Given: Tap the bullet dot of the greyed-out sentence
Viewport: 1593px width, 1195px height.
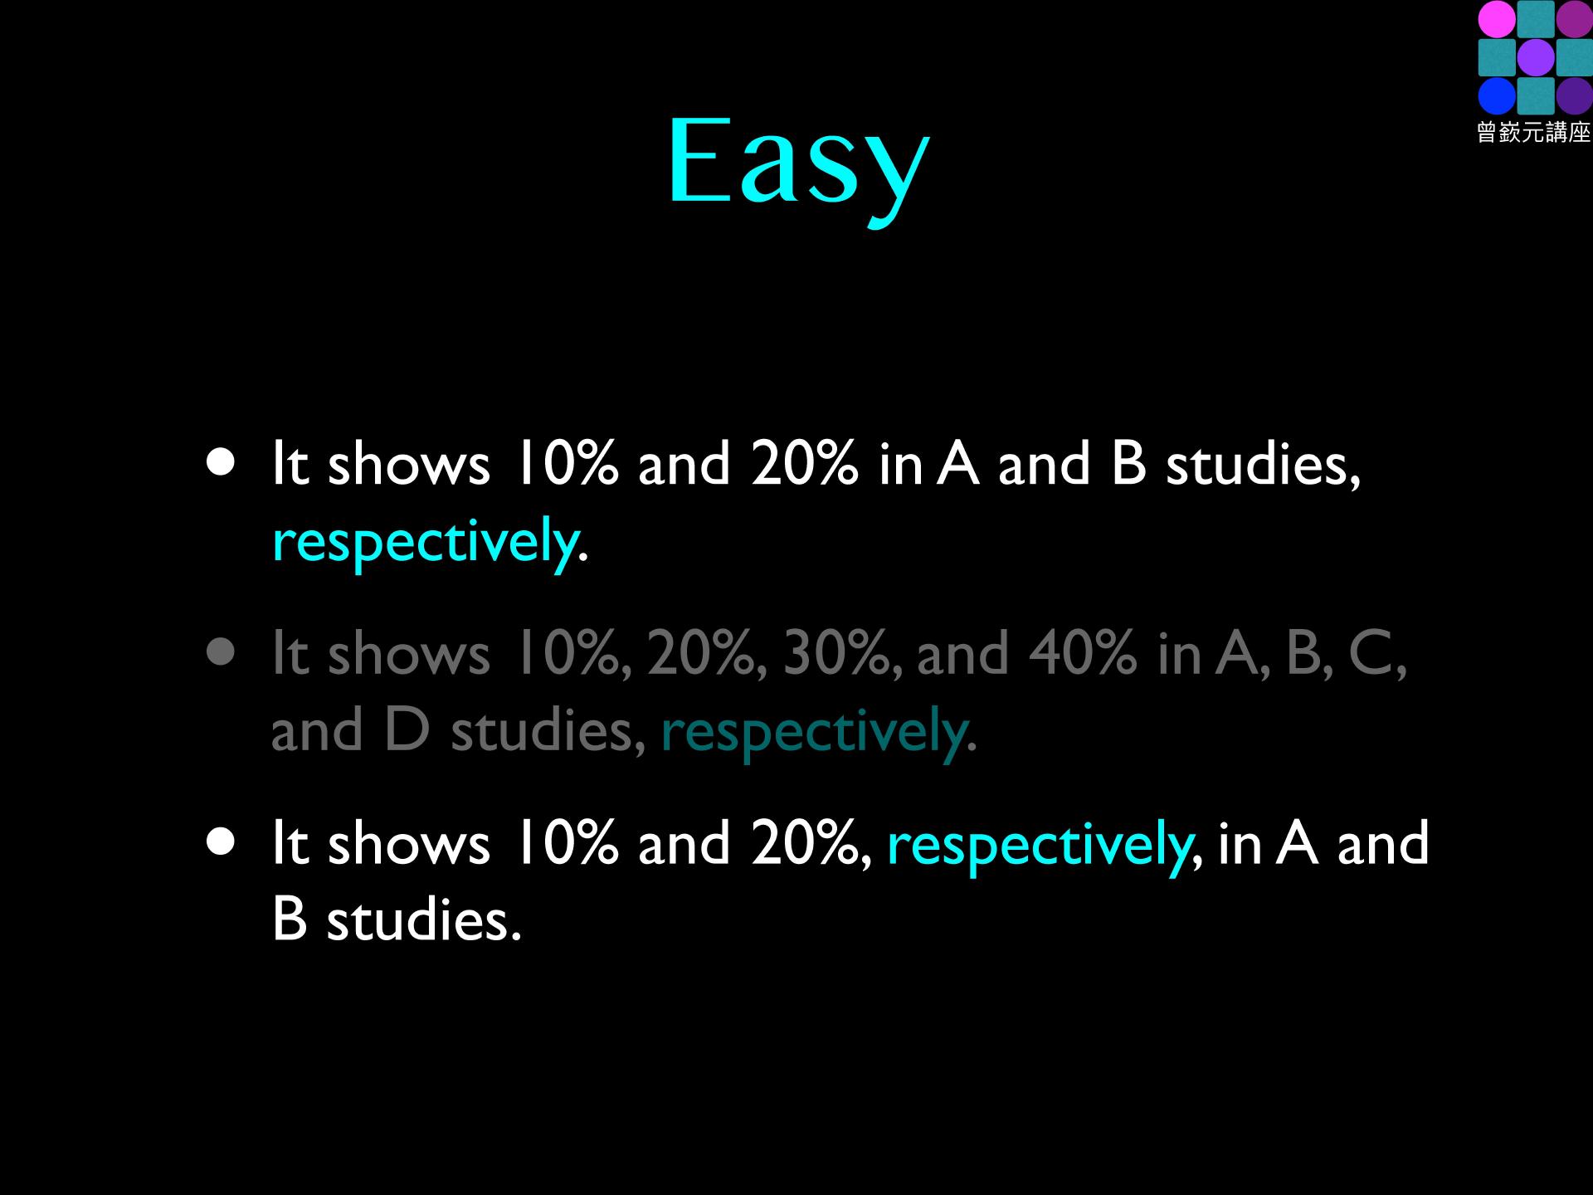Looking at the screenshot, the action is (222, 652).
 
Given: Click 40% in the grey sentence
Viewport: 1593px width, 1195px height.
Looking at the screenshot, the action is (1083, 653).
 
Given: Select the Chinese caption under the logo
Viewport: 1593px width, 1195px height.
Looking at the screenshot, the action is (1534, 132).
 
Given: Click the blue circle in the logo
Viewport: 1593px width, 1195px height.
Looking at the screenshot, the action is (1497, 96).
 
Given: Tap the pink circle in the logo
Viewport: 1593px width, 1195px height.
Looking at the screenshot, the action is (1497, 20).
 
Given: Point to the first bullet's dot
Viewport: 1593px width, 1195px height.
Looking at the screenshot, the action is (222, 463).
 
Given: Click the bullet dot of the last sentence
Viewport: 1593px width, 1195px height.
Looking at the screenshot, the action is (222, 841).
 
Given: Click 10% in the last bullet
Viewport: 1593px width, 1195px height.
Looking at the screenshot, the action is (567, 843).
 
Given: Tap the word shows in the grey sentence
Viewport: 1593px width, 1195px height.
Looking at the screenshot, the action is (408, 653).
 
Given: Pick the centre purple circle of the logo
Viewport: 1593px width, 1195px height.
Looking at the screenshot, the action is (1535, 58).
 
